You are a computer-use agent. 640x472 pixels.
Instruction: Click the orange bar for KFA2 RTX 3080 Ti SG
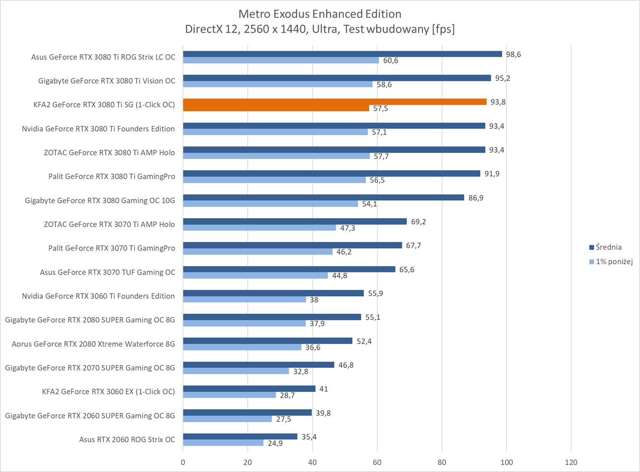(x=335, y=102)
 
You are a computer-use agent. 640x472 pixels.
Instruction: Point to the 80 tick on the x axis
(x=442, y=462)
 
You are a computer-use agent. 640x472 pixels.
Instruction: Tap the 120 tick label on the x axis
(x=571, y=462)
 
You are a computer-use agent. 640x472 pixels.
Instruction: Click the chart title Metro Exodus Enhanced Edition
(x=320, y=13)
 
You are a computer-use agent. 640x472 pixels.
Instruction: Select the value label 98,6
(x=513, y=54)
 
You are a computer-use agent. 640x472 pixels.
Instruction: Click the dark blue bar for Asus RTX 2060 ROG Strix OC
(x=240, y=437)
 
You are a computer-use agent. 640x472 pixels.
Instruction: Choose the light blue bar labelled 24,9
(x=223, y=443)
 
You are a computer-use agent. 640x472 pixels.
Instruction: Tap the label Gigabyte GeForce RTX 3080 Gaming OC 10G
(x=100, y=201)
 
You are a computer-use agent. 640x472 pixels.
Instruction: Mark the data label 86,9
(x=476, y=198)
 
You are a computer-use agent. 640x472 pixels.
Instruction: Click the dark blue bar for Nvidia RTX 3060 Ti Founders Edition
(x=273, y=293)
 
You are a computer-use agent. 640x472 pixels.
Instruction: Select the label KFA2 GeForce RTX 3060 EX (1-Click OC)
(x=109, y=391)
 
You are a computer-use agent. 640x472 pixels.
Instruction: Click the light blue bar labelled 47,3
(x=259, y=228)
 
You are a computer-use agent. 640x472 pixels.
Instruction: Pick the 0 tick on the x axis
(x=183, y=462)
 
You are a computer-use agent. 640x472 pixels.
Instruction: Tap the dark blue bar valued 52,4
(x=267, y=341)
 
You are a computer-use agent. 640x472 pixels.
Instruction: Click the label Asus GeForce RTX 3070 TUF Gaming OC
(x=108, y=272)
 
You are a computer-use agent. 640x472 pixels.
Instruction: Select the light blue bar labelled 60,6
(x=281, y=60)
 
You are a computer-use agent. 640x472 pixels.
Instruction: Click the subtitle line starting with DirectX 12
(x=320, y=29)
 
